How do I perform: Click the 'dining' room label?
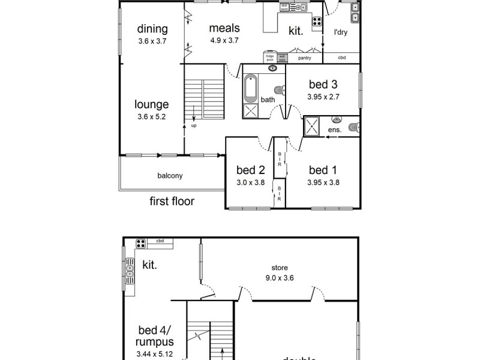pos(152,29)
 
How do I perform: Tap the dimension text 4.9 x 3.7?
pos(224,41)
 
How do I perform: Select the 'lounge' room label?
pos(151,104)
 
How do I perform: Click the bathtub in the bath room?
pos(251,89)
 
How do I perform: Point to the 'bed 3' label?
pos(323,84)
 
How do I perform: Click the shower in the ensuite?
pos(313,126)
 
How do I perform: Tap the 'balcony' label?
pos(170,176)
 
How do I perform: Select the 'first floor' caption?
pos(172,201)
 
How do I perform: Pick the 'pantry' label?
pos(304,58)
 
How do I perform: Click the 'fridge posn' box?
pos(270,58)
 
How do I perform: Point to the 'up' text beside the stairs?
pos(193,126)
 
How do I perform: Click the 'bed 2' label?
pos(250,170)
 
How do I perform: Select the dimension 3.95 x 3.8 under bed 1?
pos(323,183)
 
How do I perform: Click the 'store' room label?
pos(280,268)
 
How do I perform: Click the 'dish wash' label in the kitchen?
pos(284,8)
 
